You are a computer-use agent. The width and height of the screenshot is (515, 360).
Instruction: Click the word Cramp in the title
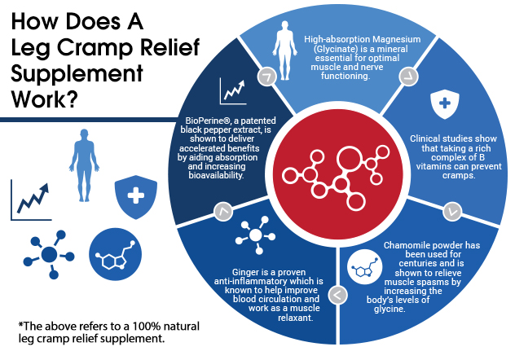point(95,47)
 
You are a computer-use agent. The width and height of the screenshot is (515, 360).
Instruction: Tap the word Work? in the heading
point(45,99)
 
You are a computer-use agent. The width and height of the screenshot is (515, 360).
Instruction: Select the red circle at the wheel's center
point(337,174)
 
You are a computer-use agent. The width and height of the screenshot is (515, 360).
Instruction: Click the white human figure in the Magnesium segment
point(284,50)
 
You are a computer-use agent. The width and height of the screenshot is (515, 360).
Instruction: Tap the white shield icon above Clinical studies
point(445,103)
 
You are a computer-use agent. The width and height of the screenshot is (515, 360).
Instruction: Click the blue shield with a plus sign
point(135,197)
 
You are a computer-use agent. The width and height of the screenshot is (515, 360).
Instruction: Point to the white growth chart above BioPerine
point(233,91)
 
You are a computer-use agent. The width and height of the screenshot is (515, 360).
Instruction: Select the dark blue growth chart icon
point(31,200)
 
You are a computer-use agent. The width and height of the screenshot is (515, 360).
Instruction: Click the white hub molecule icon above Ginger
point(256,235)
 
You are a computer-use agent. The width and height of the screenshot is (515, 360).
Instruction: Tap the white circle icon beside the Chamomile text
point(364,266)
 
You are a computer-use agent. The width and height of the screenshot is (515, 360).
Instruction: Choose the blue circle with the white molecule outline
point(115,254)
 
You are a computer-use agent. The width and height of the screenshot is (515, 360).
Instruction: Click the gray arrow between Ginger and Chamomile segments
point(337,295)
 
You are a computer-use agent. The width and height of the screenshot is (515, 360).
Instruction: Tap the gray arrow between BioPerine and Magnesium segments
point(266,77)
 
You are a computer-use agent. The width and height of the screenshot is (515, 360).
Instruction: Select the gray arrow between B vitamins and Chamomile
point(452,212)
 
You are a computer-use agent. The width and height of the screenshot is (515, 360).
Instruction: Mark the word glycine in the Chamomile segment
point(390,310)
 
